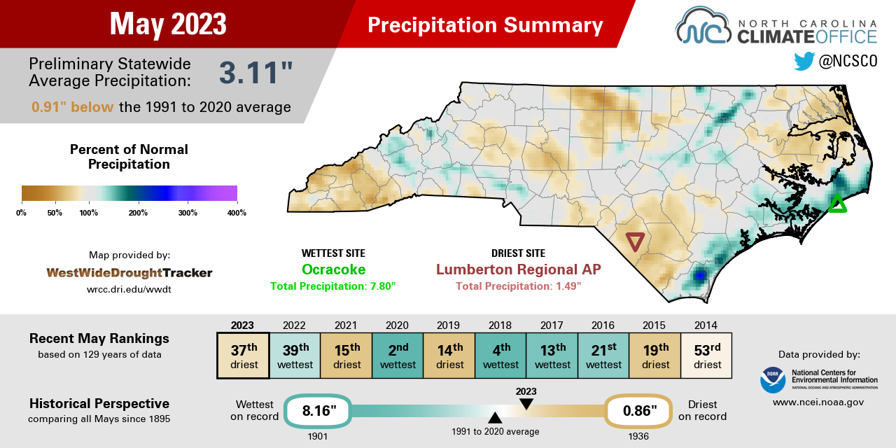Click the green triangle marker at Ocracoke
click(836, 204)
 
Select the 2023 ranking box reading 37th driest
click(243, 355)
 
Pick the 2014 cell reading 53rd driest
click(707, 355)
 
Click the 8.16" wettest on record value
click(317, 411)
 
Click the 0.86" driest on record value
click(638, 411)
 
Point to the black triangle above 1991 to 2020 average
click(495, 418)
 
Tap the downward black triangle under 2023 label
click(526, 404)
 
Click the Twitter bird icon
click(804, 62)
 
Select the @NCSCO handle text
click(848, 62)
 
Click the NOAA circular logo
click(772, 379)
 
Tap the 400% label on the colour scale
click(237, 213)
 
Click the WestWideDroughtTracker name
click(129, 272)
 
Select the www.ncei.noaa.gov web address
click(818, 402)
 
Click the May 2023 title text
click(168, 24)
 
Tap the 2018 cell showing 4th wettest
click(500, 355)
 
